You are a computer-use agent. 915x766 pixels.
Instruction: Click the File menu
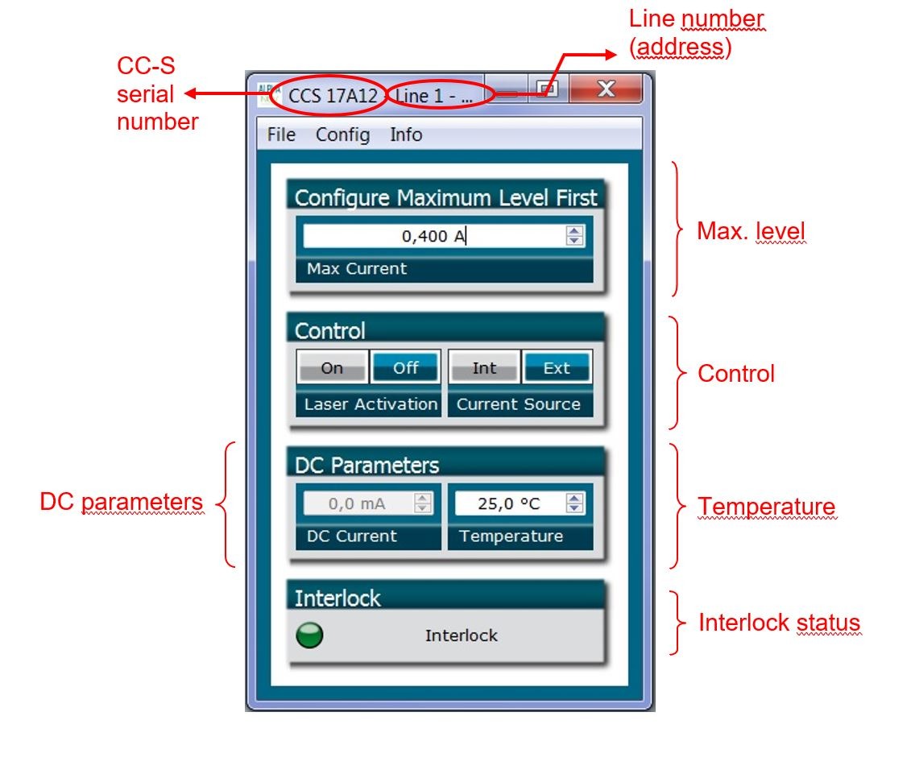tap(281, 135)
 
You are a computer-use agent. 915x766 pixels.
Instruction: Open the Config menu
tap(342, 135)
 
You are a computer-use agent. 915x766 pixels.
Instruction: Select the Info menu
tap(406, 135)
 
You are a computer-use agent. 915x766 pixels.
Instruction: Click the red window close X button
tap(606, 89)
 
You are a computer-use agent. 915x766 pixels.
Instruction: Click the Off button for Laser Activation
tap(405, 368)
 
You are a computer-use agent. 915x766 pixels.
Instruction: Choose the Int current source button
tap(484, 368)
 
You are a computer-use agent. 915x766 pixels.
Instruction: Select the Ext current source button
tap(557, 368)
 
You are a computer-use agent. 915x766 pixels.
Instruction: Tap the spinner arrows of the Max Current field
tap(574, 236)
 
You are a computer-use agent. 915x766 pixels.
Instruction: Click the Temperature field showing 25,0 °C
tap(509, 504)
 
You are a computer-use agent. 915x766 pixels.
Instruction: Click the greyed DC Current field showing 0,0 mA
tap(357, 504)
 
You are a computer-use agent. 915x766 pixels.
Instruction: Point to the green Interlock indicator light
tap(309, 636)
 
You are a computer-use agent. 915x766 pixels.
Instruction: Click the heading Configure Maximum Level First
tap(446, 197)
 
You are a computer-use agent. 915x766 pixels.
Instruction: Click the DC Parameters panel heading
tap(367, 466)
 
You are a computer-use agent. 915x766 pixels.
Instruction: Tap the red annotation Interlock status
tap(779, 623)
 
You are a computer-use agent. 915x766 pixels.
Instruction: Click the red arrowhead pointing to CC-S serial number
tap(191, 95)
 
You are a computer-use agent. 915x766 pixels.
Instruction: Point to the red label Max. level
tap(751, 233)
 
